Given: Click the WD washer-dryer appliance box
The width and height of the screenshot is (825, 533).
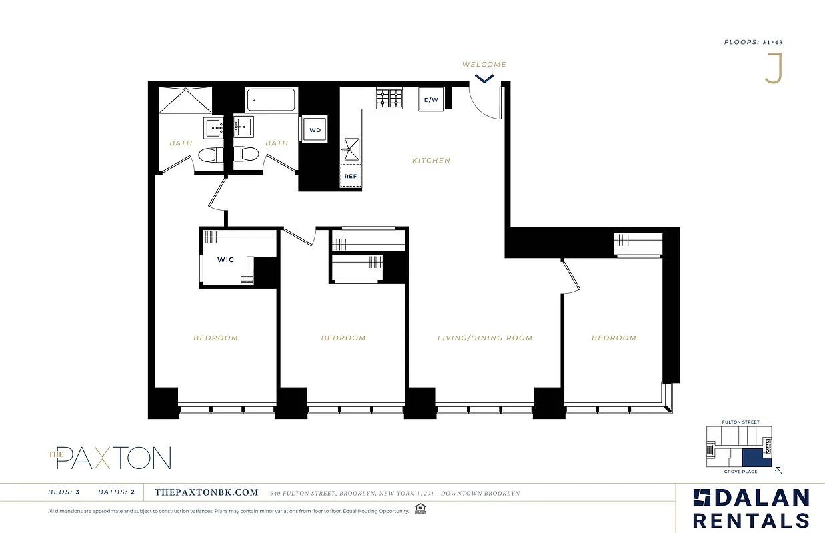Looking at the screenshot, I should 315,129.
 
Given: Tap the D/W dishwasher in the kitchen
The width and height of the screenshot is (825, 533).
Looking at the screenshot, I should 431,100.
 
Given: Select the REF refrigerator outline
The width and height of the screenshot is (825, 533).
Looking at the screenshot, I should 351,177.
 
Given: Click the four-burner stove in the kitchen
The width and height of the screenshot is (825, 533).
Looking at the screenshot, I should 389,98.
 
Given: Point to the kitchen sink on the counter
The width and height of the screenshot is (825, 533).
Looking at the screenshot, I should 351,148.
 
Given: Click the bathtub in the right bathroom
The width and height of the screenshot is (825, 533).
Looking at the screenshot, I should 271,100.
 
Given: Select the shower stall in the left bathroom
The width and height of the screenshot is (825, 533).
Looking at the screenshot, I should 185,101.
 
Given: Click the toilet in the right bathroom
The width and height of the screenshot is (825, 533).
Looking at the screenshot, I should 247,155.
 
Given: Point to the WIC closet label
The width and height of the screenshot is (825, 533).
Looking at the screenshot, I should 225,259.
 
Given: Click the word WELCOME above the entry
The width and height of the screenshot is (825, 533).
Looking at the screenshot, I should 484,65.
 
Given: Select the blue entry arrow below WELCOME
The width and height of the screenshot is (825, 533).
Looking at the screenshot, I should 484,78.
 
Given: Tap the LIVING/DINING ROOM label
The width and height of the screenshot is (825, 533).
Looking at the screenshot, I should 485,338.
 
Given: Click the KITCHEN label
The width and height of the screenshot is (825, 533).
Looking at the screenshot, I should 431,161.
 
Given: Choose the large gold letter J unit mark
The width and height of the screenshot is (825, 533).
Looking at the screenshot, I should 774,69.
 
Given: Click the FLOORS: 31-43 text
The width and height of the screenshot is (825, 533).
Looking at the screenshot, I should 753,42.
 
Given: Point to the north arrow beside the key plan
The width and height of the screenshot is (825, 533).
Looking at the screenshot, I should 778,470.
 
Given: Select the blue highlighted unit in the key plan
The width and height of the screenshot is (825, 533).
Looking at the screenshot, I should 752,458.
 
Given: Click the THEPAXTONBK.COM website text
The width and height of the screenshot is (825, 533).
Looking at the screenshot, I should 206,492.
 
